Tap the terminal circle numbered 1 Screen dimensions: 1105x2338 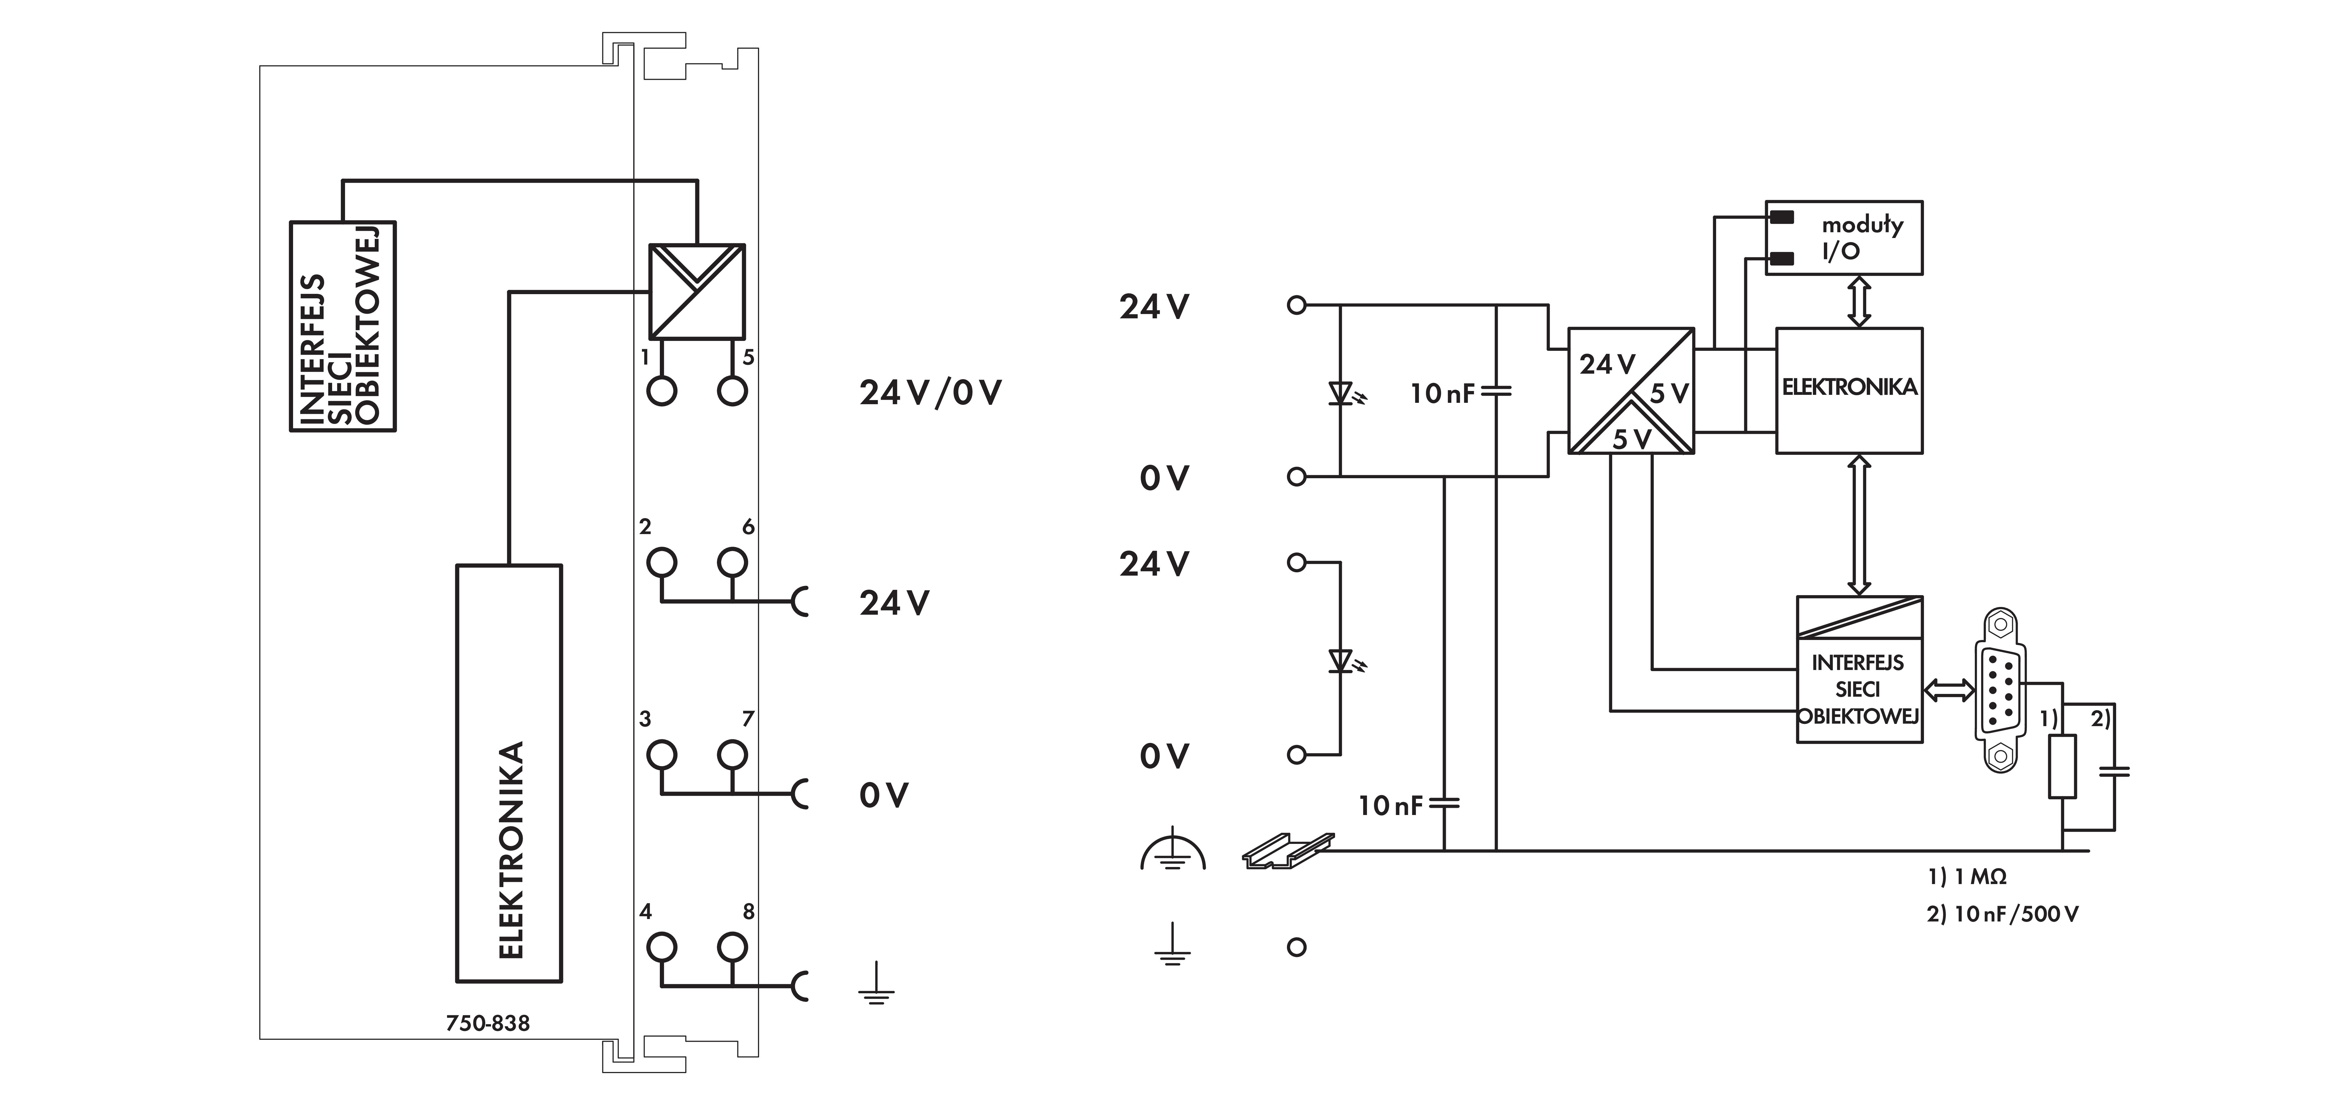[x=662, y=391]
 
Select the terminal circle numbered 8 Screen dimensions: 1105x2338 [x=732, y=947]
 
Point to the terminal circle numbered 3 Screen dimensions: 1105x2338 [x=662, y=754]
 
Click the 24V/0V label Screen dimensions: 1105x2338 [x=930, y=393]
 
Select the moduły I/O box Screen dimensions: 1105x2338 [x=1843, y=238]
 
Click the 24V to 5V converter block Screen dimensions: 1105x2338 [x=1631, y=390]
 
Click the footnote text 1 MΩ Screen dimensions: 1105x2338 [x=1967, y=877]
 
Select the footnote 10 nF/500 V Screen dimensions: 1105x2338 [x=2002, y=914]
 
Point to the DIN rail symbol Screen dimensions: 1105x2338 [x=1287, y=852]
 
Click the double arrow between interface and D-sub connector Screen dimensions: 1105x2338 [x=1949, y=691]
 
